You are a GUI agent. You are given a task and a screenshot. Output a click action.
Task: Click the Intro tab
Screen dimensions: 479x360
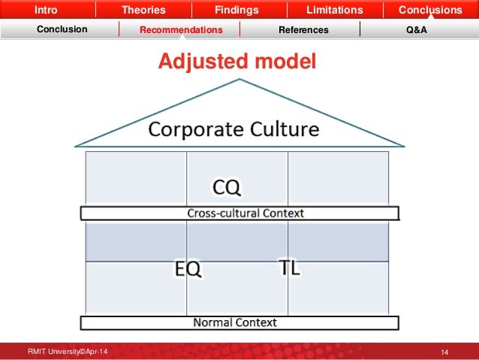pyautogui.click(x=46, y=11)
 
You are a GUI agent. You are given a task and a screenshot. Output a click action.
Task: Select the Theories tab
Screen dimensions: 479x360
pyautogui.click(x=144, y=11)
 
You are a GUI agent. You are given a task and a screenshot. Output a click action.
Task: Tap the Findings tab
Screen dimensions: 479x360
pyautogui.click(x=236, y=11)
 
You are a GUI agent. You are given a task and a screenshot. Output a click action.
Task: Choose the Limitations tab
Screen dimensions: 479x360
pyautogui.click(x=334, y=11)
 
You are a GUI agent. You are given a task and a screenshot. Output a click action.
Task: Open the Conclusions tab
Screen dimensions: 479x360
pyautogui.click(x=430, y=11)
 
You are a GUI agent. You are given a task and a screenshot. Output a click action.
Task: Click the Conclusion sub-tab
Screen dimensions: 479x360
pyautogui.click(x=63, y=30)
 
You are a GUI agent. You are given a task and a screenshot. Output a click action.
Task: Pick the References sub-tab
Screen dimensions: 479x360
pyautogui.click(x=303, y=30)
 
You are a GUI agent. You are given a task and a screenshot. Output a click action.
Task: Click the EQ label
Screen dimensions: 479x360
pyautogui.click(x=188, y=268)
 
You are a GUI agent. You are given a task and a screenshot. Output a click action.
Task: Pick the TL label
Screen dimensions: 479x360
pyautogui.click(x=288, y=268)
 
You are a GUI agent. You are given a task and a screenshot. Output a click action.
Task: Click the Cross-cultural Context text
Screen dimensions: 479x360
pyautogui.click(x=246, y=213)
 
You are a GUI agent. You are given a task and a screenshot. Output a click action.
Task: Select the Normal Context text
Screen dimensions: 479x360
pyautogui.click(x=235, y=323)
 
